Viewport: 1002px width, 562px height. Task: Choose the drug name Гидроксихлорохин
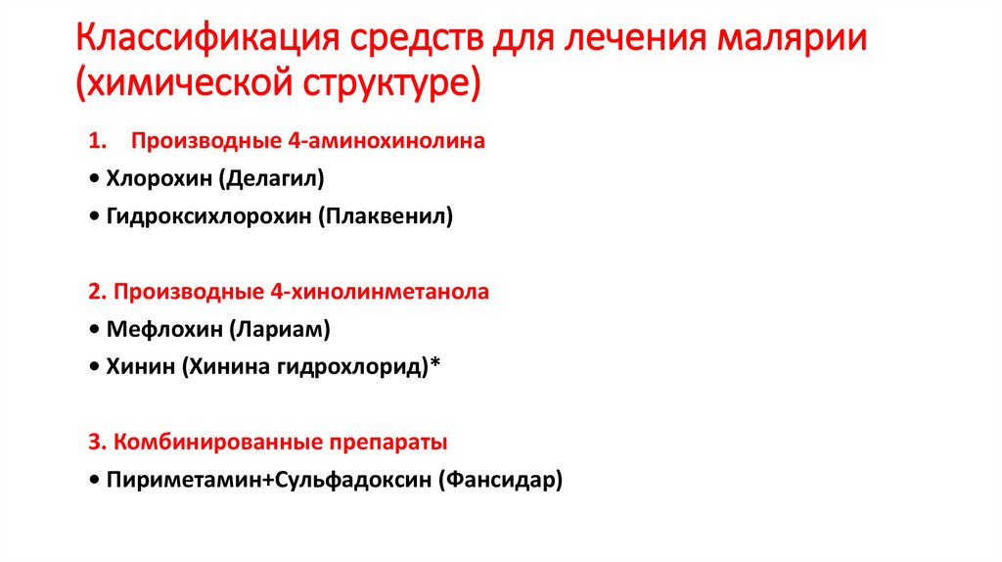tap(205, 216)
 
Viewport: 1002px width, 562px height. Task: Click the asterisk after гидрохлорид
tap(436, 365)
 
